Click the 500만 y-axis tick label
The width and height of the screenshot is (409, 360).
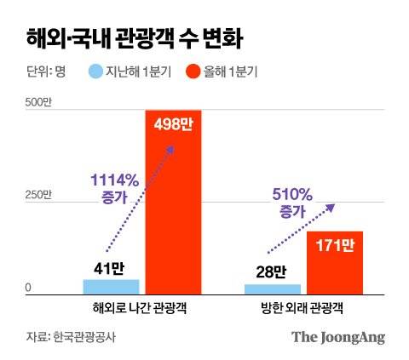pos(38,103)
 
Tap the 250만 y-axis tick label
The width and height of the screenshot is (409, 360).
pos(38,195)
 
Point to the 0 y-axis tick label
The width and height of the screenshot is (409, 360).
pos(28,288)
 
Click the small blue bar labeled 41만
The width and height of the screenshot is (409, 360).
pos(111,286)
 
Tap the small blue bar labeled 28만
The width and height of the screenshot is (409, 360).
pos(272,289)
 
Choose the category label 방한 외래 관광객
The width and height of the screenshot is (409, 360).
pos(302,307)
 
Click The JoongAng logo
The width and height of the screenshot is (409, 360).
pos(338,336)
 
